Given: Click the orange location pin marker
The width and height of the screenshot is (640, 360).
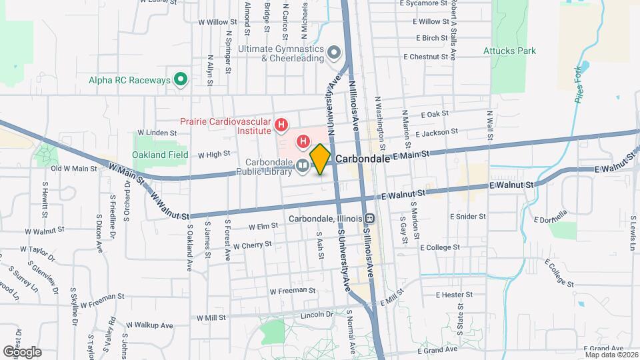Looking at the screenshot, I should pos(321,159).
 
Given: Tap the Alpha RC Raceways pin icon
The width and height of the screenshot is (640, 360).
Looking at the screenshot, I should pos(180,80).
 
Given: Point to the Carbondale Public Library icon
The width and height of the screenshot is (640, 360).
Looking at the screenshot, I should pos(303,165).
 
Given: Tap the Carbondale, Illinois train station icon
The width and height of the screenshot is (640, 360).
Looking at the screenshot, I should pos(369,219).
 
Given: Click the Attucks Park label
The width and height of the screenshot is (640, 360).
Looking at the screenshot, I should pos(509,51).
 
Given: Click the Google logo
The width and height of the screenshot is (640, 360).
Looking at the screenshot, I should pos(21,351).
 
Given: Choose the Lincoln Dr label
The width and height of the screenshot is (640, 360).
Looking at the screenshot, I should pos(317,314).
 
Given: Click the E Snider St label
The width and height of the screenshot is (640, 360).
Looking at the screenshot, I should pos(471,216).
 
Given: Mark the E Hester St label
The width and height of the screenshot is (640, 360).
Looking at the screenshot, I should pos(454,294).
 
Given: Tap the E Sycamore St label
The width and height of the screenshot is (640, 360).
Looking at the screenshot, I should pos(427,4).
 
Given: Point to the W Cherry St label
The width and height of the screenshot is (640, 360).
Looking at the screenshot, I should pos(252,245).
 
